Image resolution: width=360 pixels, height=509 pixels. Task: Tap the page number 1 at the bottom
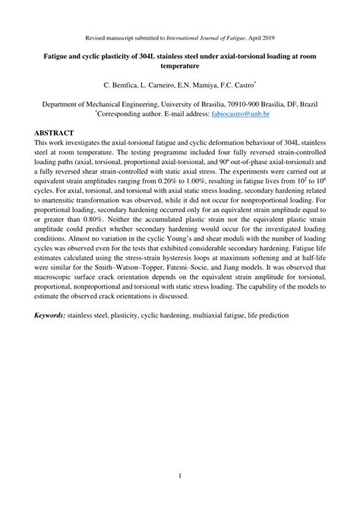click(180, 476)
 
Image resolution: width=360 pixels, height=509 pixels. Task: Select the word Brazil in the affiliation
click(304, 103)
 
